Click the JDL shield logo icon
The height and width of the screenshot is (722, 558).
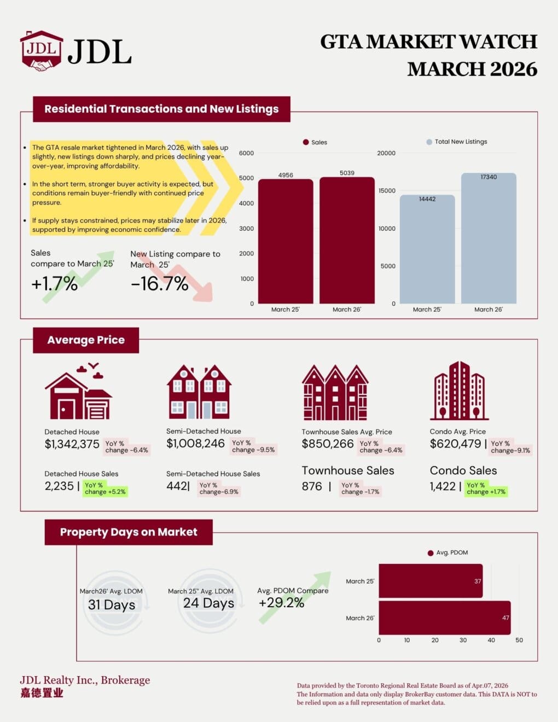click(41, 50)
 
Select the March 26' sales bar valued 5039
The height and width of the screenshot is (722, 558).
click(347, 241)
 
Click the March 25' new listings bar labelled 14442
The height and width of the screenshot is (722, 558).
click(427, 249)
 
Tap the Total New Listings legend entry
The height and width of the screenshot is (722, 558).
click(457, 142)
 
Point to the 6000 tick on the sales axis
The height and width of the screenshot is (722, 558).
click(246, 153)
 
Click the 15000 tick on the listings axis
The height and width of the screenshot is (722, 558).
click(386, 191)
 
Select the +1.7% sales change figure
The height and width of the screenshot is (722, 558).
click(54, 283)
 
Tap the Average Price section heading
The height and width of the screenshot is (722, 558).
click(86, 340)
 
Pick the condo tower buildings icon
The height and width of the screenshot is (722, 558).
click(459, 391)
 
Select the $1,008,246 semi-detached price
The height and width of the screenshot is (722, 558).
click(195, 444)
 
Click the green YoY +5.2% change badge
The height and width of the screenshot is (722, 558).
click(104, 488)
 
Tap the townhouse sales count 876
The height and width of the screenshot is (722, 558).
click(312, 486)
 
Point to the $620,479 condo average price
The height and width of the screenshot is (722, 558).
click(455, 444)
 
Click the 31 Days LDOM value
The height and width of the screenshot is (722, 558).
click(112, 605)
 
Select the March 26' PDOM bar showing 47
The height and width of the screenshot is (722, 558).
click(444, 618)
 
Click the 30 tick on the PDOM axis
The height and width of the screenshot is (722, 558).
click(463, 640)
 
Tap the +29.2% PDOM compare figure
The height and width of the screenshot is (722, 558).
click(281, 603)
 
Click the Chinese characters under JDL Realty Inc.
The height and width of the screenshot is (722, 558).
click(42, 693)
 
